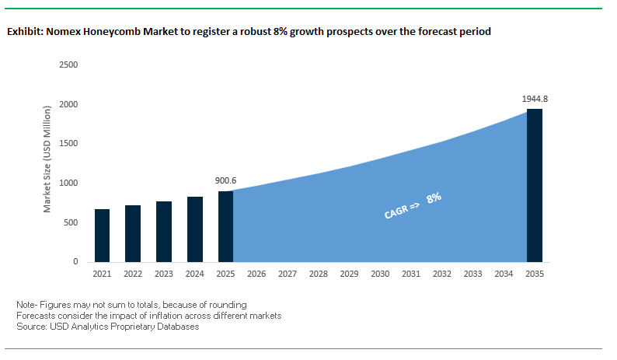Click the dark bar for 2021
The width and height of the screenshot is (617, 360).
click(x=102, y=236)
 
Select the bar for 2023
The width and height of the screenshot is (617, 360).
click(x=164, y=232)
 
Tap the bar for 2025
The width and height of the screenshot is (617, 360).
click(x=225, y=226)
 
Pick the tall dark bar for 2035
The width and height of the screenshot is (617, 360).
click(x=535, y=185)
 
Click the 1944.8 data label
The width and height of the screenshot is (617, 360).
click(x=535, y=99)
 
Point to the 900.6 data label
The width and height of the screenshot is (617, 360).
click(x=225, y=180)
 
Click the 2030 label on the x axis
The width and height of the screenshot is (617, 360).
click(x=380, y=274)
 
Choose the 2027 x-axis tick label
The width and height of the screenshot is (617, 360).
click(x=288, y=274)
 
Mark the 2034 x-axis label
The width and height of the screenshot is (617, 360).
click(x=504, y=274)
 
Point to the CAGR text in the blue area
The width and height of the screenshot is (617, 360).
click(x=398, y=210)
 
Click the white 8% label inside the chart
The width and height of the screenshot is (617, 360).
click(x=434, y=197)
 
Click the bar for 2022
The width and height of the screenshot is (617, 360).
click(x=133, y=233)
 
